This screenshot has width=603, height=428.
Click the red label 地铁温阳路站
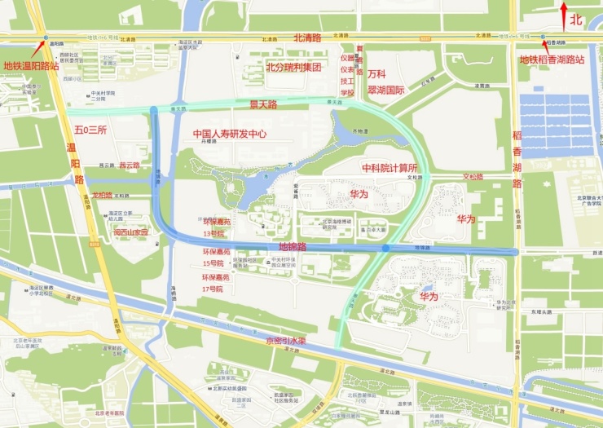[x=31, y=65]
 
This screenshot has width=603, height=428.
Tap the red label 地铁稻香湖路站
[x=552, y=60]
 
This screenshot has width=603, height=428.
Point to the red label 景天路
[x=262, y=104]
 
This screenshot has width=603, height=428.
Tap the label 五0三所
[x=90, y=130]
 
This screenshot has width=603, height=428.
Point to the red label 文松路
[x=473, y=176]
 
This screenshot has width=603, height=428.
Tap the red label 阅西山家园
[x=131, y=232]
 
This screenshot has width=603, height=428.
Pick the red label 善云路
[x=130, y=165]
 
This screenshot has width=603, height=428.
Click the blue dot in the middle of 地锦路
[x=385, y=247]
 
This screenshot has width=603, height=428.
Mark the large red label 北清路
[x=308, y=37]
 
